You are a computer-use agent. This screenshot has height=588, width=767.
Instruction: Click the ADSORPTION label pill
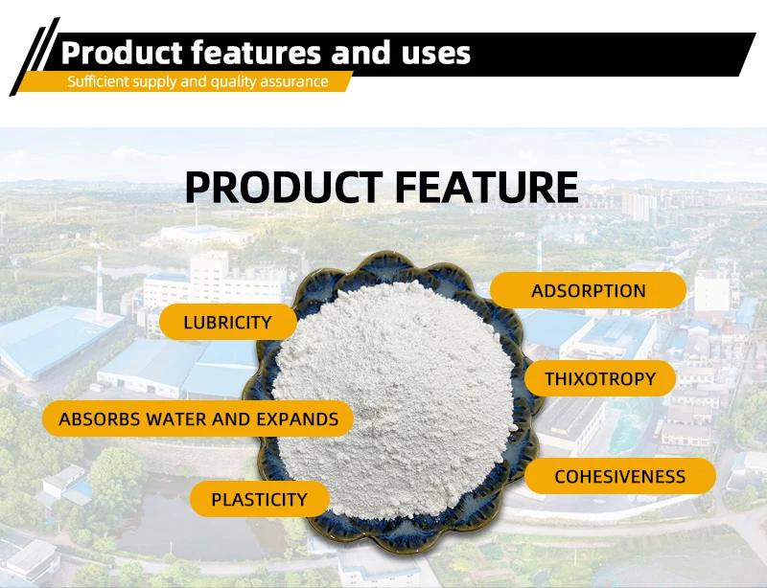[588, 290]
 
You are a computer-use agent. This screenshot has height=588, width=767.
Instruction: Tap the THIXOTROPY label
[600, 379]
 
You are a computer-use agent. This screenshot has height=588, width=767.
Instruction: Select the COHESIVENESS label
[619, 476]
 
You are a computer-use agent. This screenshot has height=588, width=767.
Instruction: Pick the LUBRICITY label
[228, 322]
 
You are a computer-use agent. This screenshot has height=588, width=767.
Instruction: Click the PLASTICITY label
[259, 499]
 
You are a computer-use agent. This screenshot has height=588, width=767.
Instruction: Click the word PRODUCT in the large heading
[284, 187]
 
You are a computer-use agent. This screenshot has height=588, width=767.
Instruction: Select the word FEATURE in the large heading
[487, 187]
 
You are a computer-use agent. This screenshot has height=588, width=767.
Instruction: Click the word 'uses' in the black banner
[436, 54]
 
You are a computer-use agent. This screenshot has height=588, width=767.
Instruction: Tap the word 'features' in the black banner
[256, 53]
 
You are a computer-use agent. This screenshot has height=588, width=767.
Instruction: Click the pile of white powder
[395, 398]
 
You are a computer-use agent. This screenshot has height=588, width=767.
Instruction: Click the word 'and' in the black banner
[361, 53]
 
